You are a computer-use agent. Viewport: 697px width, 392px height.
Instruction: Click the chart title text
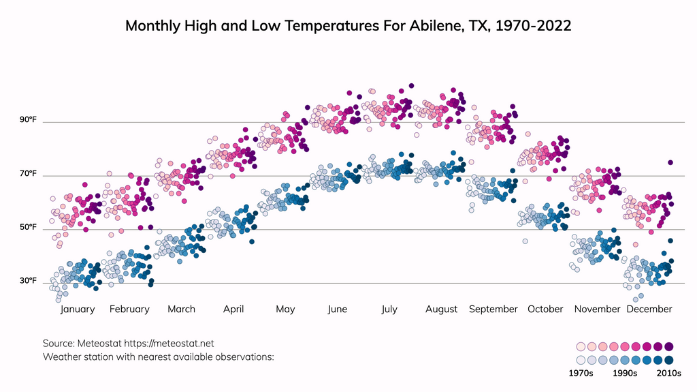(x=348, y=26)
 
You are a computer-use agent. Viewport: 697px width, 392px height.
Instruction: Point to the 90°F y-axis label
(x=28, y=120)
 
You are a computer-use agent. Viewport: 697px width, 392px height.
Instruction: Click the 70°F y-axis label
(x=28, y=174)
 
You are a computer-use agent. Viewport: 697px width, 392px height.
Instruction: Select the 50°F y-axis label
(x=28, y=227)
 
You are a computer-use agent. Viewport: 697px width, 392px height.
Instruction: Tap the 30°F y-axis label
(x=28, y=281)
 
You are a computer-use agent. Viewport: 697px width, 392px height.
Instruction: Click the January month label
(x=78, y=310)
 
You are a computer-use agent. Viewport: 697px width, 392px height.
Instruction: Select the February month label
(x=129, y=310)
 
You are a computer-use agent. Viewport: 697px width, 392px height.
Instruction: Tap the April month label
(x=233, y=310)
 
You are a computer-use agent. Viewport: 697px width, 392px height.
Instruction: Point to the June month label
(x=337, y=310)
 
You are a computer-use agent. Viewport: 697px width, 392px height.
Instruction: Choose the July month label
(x=389, y=310)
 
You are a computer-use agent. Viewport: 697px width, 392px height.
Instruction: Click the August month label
(x=441, y=310)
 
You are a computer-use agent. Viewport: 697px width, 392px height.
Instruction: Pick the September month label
(x=493, y=310)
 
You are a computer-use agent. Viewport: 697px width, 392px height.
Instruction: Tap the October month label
(x=545, y=310)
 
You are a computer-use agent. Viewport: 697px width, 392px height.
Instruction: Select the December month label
(x=649, y=310)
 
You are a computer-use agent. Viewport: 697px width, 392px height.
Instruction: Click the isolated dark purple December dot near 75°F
(x=670, y=162)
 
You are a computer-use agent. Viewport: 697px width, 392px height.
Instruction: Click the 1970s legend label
(x=581, y=374)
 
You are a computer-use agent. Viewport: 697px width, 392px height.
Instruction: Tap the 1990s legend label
(x=624, y=374)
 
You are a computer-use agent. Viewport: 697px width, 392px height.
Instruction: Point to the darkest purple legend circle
(x=668, y=346)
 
